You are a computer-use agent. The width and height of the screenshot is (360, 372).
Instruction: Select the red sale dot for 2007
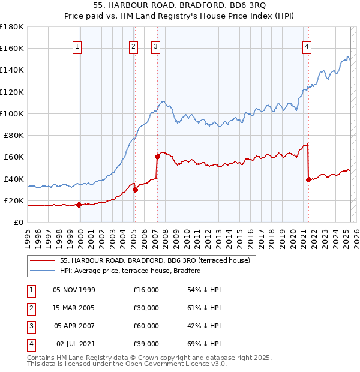point(157,157)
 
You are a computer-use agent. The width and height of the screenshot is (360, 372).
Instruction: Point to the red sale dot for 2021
point(308,179)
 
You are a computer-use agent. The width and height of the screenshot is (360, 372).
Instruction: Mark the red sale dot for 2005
point(136,190)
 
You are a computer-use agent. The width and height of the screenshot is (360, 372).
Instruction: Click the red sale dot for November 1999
point(79,205)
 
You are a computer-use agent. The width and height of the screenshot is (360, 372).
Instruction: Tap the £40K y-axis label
point(13,179)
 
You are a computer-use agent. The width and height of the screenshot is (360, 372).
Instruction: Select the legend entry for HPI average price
point(130,271)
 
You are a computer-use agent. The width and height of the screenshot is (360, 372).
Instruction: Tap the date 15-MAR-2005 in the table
point(73,308)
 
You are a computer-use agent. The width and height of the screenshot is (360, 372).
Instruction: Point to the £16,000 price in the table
point(146,290)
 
